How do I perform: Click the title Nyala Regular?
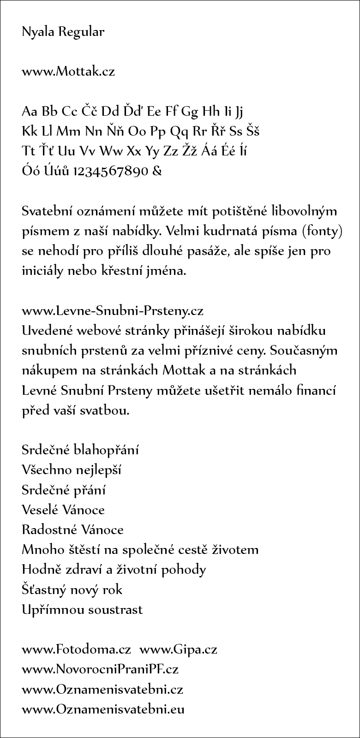tap(63, 32)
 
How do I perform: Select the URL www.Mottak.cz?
tap(68, 71)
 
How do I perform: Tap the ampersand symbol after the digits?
tap(157, 172)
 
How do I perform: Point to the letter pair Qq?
tap(180, 131)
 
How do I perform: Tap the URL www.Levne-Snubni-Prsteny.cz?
tap(113, 311)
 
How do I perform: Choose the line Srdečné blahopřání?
tap(80, 450)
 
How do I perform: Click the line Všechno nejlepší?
tap(71, 470)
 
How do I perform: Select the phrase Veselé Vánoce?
tap(63, 510)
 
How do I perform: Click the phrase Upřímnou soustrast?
tap(82, 609)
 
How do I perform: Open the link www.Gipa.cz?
tap(178, 649)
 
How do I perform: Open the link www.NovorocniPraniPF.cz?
tap(100, 669)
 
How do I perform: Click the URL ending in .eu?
tap(103, 709)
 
